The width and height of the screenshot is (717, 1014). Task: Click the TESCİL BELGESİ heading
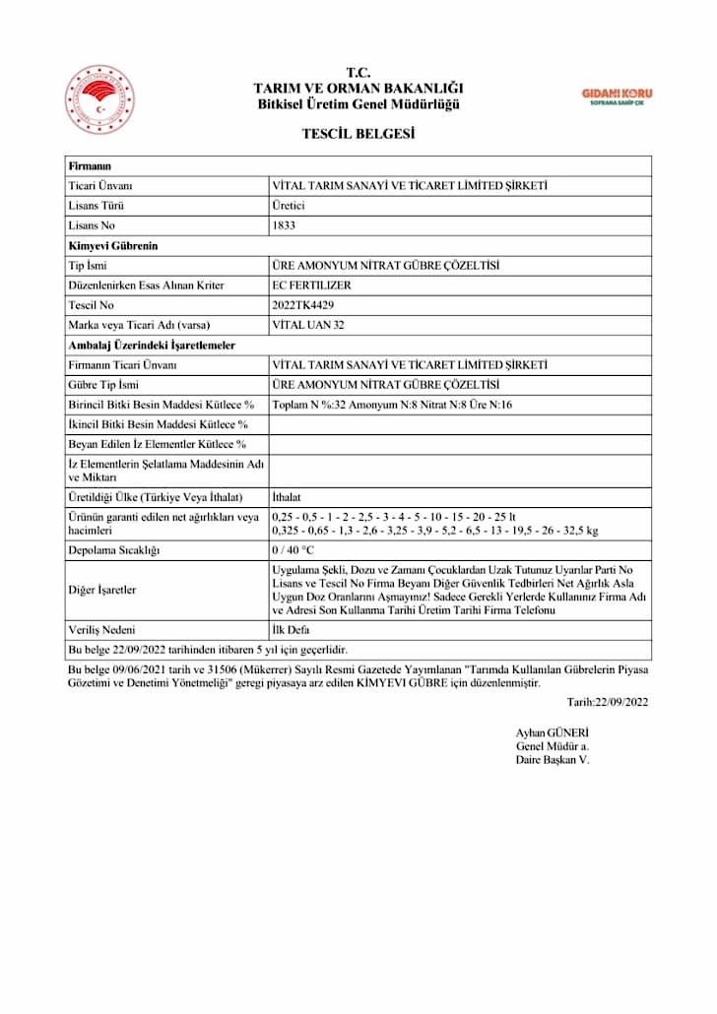tap(358, 134)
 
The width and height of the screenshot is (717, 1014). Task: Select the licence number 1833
tap(284, 225)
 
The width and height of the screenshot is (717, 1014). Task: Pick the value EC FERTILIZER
tap(310, 285)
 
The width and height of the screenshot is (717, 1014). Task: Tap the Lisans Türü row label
tap(96, 206)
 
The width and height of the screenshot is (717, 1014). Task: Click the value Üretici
tap(289, 206)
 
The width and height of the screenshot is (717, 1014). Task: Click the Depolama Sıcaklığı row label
tap(113, 549)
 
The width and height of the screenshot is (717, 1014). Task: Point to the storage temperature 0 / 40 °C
tap(293, 549)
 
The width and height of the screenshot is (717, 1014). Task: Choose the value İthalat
tap(290, 497)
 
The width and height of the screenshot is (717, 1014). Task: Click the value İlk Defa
tap(292, 629)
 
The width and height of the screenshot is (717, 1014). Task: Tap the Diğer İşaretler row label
tap(102, 590)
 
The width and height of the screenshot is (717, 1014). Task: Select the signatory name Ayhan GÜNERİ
tap(552, 733)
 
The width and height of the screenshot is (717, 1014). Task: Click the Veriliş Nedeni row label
tap(101, 629)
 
